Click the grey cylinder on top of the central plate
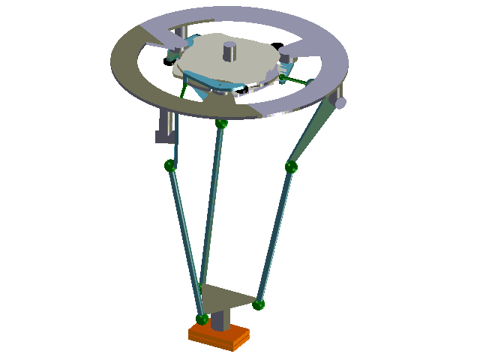click(x=229, y=52)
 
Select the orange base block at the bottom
click(x=219, y=335)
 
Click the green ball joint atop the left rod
click(x=170, y=166)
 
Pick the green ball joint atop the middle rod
click(x=221, y=123)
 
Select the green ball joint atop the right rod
click(x=291, y=166)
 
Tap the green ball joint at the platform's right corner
click(x=259, y=304)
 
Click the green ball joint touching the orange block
click(x=202, y=319)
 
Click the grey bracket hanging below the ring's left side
click(x=165, y=127)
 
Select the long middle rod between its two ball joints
click(x=212, y=202)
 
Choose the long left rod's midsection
click(x=186, y=240)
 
